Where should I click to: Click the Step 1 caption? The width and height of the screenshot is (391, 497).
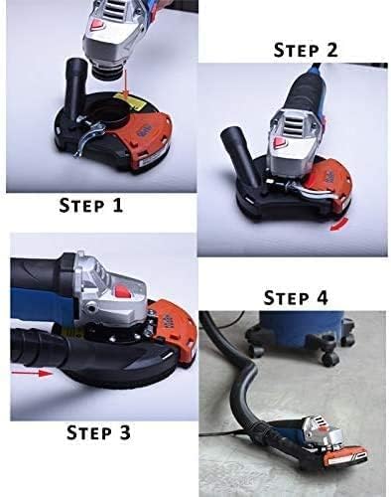[x=91, y=206]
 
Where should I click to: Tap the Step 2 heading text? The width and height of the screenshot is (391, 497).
[x=306, y=50]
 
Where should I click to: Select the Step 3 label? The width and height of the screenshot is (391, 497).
[x=98, y=432]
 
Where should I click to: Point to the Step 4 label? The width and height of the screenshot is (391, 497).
[x=296, y=298]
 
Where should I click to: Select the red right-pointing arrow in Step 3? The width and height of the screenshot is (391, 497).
[x=32, y=374]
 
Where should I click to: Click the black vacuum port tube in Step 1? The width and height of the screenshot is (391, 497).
[x=75, y=77]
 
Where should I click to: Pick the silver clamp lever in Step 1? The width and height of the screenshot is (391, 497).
[x=87, y=136]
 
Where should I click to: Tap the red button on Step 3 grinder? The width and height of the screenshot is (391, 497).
[x=121, y=291]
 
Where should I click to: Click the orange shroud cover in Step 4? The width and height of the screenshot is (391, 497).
[x=347, y=452]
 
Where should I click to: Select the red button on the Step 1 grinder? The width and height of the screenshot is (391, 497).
[x=97, y=24]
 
